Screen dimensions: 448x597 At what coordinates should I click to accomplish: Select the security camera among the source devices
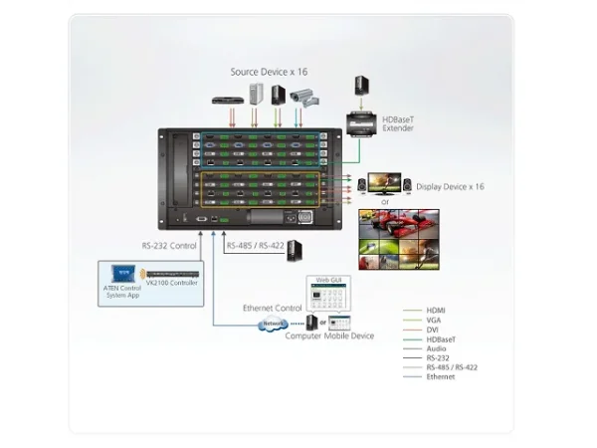pyautogui.click(x=302, y=96)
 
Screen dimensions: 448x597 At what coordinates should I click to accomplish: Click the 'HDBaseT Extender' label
pyautogui.click(x=399, y=125)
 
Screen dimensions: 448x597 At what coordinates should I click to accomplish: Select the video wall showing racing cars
pyautogui.click(x=399, y=239)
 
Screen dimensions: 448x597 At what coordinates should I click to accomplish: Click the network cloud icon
pyautogui.click(x=271, y=324)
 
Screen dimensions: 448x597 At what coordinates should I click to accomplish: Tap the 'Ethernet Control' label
pyautogui.click(x=271, y=309)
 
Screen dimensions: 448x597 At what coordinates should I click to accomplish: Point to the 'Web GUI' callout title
pyautogui.click(x=328, y=281)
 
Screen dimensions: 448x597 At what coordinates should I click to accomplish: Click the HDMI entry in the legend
pyautogui.click(x=436, y=311)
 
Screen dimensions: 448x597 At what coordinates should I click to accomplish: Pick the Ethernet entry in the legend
pyautogui.click(x=440, y=377)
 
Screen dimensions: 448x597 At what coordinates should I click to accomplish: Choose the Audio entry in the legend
pyautogui.click(x=437, y=348)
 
